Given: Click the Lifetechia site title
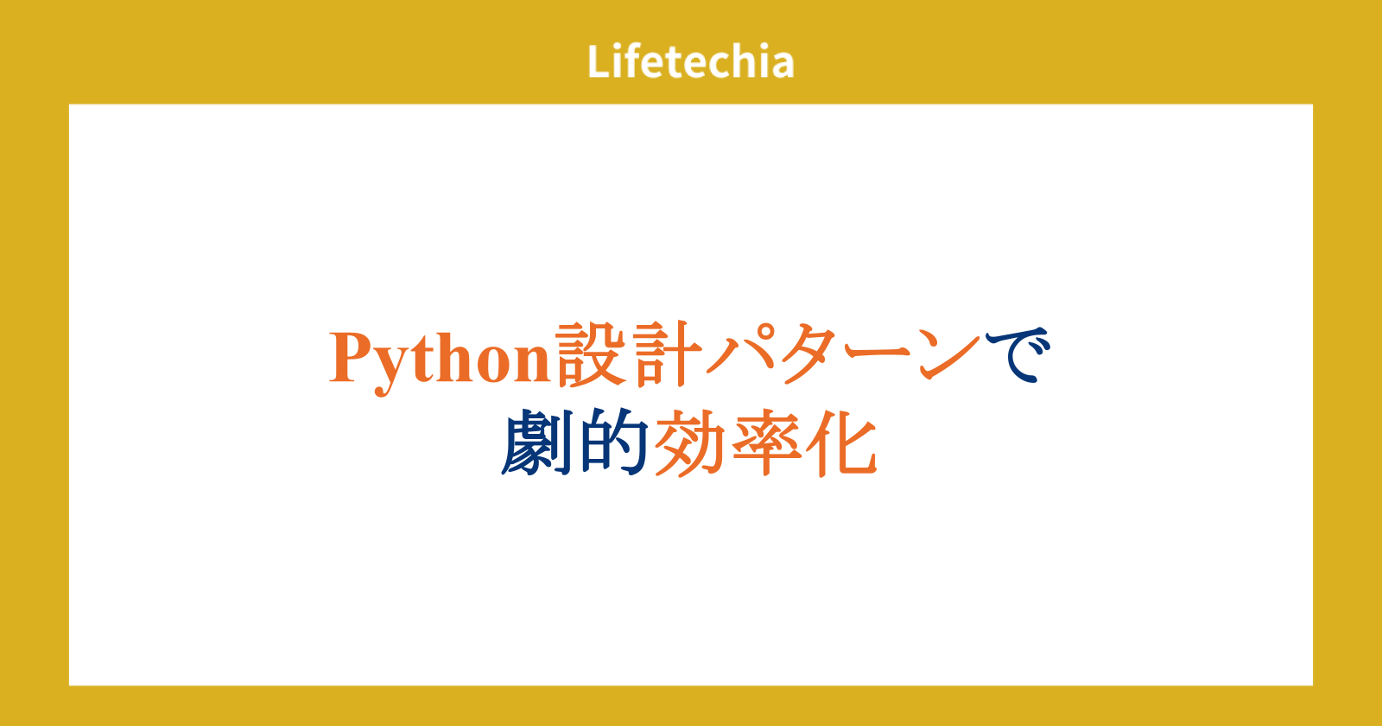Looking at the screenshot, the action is point(690,61).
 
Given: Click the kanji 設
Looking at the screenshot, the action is point(591,354).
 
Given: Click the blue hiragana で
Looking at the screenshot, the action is point(1018,354).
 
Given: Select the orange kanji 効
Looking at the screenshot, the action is point(689,443).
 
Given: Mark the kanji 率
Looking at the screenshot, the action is point(765,443).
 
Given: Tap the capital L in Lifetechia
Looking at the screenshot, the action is point(599,61).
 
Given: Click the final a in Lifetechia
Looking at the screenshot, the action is point(782,66).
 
